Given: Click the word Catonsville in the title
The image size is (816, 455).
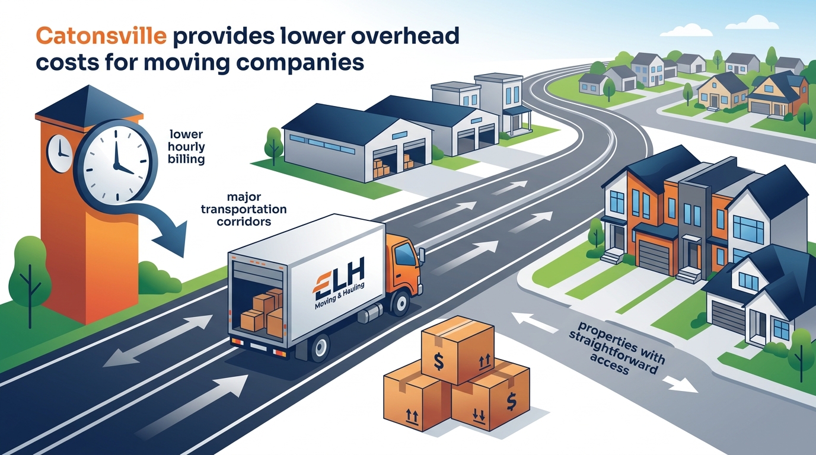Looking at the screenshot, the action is (x=101, y=37).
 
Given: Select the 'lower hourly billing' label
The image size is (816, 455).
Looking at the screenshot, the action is (x=187, y=147).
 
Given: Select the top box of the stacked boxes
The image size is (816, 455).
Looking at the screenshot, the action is (x=458, y=350).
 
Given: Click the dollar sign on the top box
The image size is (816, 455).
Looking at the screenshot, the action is (x=439, y=360).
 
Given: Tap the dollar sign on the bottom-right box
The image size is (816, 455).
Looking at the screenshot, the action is (x=511, y=401).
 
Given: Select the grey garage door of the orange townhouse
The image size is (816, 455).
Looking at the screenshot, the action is (x=655, y=257).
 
